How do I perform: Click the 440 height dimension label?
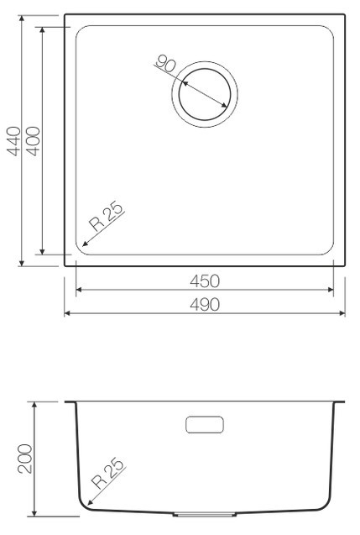pyautogui.click(x=14, y=141)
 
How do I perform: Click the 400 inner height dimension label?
pyautogui.click(x=34, y=141)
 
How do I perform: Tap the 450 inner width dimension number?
pyautogui.click(x=205, y=281)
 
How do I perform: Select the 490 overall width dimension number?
pyautogui.click(x=205, y=305)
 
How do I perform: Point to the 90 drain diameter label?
pyautogui.click(x=165, y=64)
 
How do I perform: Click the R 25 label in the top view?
pyautogui.click(x=106, y=217)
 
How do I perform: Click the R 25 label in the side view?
pyautogui.click(x=107, y=473)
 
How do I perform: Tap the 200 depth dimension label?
pyautogui.click(x=25, y=459)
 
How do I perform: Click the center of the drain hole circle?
pyautogui.click(x=205, y=95)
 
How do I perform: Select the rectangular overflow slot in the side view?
pyautogui.click(x=205, y=425)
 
